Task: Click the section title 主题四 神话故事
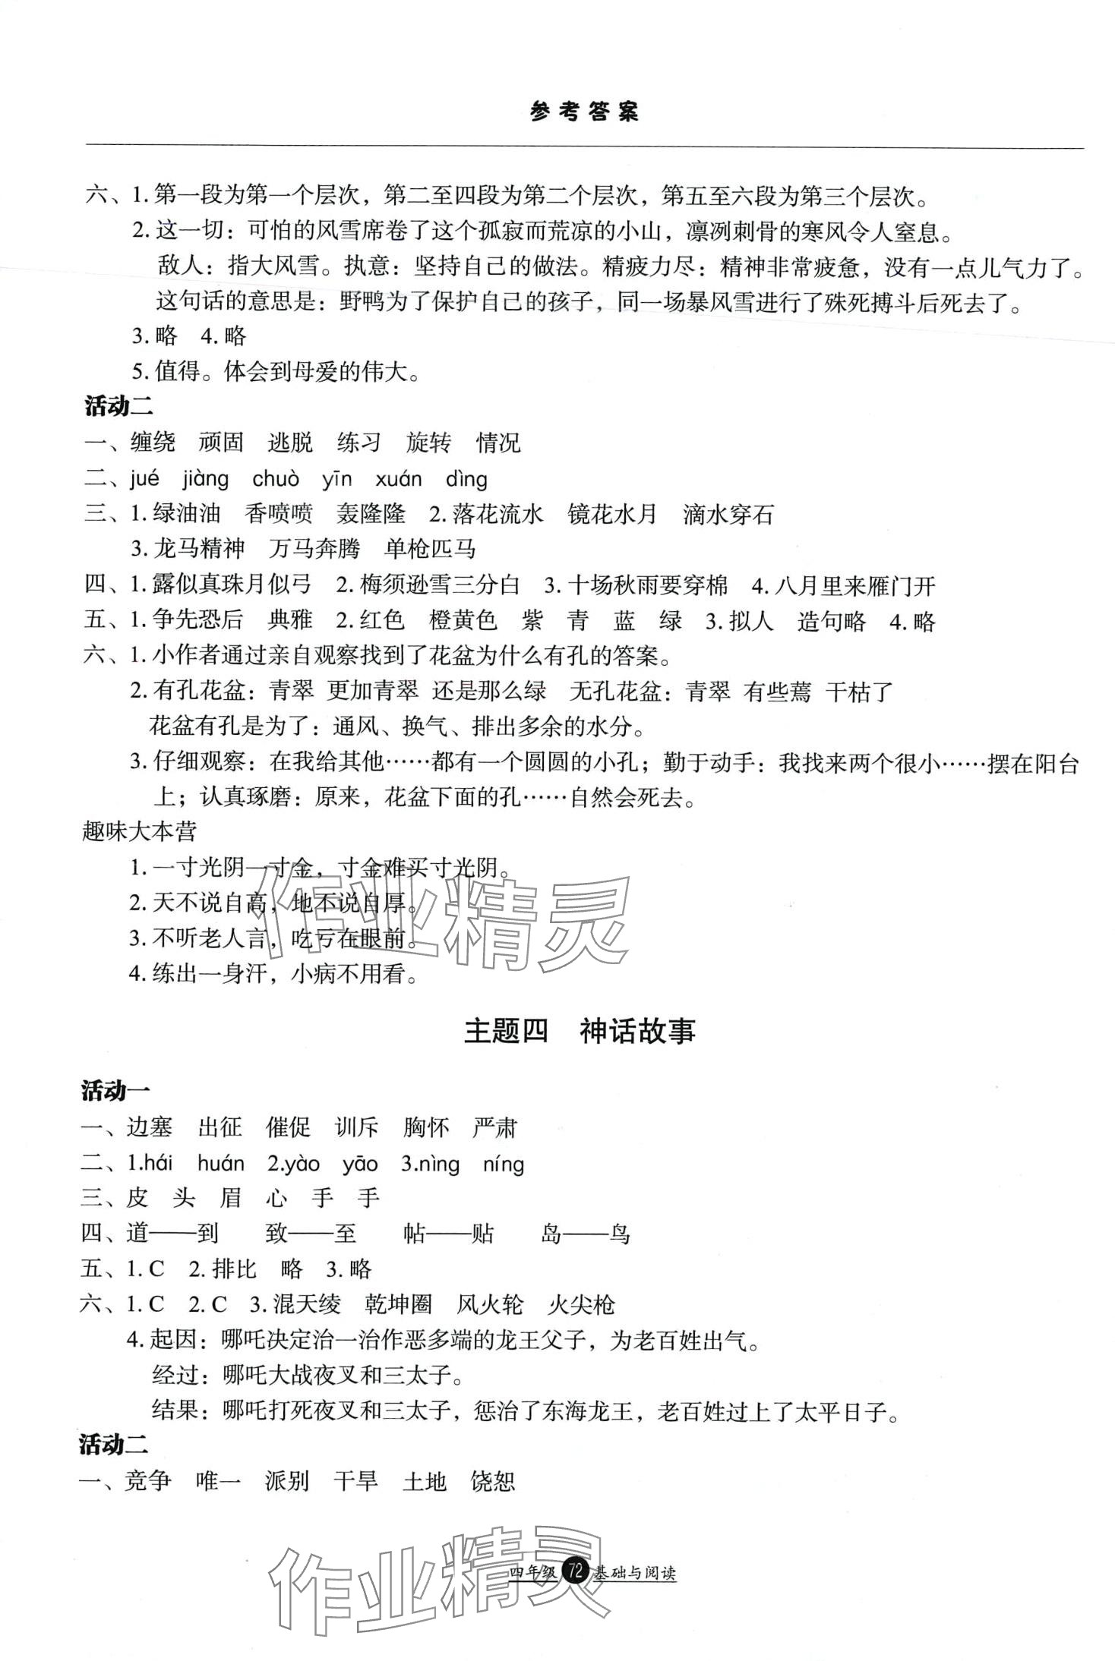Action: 580,1032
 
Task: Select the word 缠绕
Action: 153,443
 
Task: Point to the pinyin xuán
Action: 398,479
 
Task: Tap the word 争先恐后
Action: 197,621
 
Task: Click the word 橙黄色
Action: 463,621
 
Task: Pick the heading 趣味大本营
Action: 139,831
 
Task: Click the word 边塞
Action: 150,1127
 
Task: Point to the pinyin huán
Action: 221,1164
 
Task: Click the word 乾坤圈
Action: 399,1305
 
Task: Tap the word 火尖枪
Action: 581,1305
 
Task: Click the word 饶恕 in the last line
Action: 493,1480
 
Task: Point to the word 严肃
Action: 494,1127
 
